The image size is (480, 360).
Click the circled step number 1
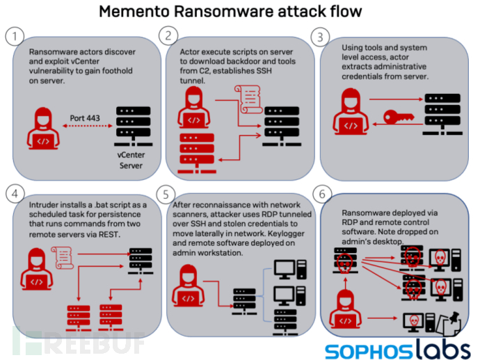15,36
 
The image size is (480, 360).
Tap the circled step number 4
15,194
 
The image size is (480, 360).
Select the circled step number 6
322,194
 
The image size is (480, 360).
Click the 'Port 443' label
85,118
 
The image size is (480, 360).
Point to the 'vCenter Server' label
131,161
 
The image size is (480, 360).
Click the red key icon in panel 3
399,117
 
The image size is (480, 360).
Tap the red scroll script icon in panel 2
248,99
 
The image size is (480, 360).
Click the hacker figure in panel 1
43,128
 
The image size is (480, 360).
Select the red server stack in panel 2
197,154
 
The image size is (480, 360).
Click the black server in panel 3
442,115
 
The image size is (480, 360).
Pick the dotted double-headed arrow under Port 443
88,126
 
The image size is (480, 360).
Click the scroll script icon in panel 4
63,258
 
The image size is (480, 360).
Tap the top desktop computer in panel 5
290,270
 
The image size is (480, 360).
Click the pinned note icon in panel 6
449,323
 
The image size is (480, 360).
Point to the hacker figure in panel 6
345,309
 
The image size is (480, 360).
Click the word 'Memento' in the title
134,12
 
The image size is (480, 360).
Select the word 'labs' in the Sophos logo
443,349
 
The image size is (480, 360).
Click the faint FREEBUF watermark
78,343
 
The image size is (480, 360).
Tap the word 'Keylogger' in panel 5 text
286,234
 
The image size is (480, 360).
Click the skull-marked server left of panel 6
345,261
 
